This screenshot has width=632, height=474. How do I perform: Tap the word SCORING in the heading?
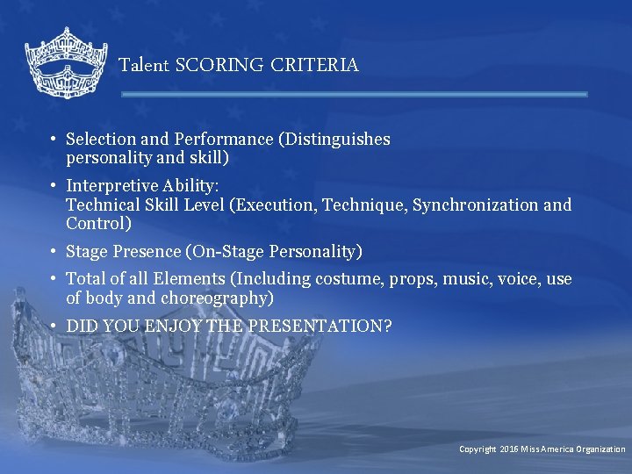[x=219, y=65]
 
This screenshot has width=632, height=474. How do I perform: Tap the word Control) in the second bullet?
[x=98, y=223]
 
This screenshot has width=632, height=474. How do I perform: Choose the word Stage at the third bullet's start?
[x=86, y=252]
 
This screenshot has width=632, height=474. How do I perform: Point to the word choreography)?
[x=219, y=298]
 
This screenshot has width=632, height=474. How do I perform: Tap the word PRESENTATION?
[x=320, y=326]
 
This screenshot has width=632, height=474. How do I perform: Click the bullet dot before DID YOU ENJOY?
[x=54, y=326]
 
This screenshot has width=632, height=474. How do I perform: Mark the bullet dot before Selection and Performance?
[x=54, y=139]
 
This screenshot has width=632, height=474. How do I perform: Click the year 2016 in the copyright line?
[x=509, y=449]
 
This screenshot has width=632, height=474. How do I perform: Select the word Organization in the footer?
[x=600, y=449]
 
